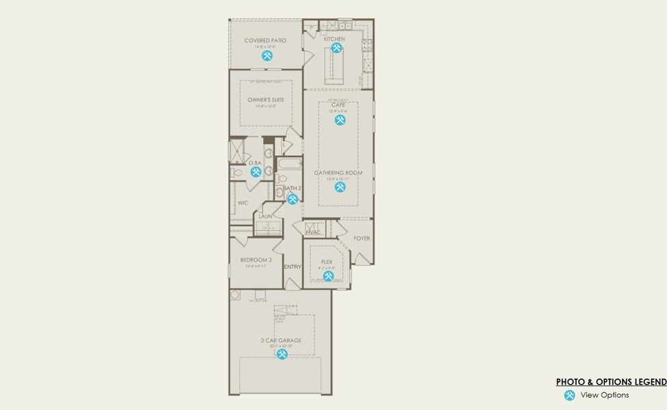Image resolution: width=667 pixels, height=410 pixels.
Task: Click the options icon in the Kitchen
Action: (336, 48)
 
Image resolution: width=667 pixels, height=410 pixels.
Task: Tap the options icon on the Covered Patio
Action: (266, 56)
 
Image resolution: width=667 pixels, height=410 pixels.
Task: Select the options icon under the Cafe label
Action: (340, 120)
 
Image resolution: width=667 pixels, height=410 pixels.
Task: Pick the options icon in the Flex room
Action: (328, 276)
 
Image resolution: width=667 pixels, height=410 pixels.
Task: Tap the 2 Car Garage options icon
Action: (282, 354)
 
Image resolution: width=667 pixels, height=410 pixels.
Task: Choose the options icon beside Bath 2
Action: (292, 199)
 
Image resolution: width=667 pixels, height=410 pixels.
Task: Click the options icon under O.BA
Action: (255, 172)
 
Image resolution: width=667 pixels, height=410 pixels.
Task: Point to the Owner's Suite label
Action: (266, 100)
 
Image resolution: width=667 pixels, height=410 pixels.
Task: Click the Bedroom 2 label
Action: (256, 260)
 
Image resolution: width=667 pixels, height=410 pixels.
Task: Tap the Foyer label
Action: (362, 238)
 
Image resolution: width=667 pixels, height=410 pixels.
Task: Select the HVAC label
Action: (313, 232)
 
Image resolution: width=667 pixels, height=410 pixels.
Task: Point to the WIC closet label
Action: (243, 203)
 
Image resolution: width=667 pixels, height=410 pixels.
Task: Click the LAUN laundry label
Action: (265, 216)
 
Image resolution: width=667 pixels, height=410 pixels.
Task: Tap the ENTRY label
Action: (292, 266)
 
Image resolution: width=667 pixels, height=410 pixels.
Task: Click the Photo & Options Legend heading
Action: (610, 382)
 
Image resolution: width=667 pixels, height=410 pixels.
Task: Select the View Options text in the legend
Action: (604, 395)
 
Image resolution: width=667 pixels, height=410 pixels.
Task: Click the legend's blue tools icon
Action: (569, 395)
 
